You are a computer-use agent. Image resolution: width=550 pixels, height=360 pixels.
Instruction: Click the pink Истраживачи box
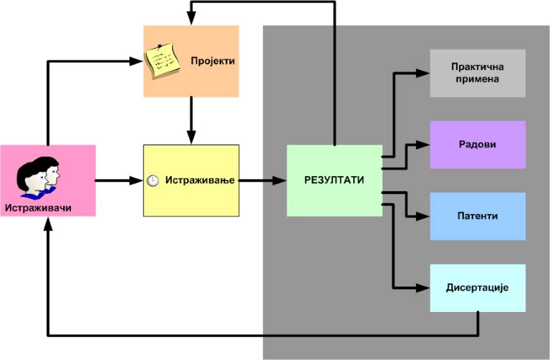click(48, 180)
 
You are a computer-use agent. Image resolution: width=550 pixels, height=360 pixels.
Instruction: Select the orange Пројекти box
click(190, 61)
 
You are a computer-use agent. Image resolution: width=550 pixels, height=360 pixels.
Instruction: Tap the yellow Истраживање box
click(190, 180)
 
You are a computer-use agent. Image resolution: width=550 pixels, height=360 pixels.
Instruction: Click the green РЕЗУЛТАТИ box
click(334, 180)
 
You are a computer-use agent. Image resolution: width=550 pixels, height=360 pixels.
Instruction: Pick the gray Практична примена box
click(478, 73)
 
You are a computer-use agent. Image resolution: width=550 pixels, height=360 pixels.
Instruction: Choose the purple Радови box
click(478, 145)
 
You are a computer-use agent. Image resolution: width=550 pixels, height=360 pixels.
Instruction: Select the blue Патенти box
click(478, 216)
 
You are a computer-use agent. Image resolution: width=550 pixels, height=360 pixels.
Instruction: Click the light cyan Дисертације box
click(478, 288)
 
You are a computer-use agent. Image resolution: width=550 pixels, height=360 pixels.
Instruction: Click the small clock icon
click(153, 181)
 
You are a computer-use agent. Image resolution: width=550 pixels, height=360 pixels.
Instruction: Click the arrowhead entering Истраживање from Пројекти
click(191, 138)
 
